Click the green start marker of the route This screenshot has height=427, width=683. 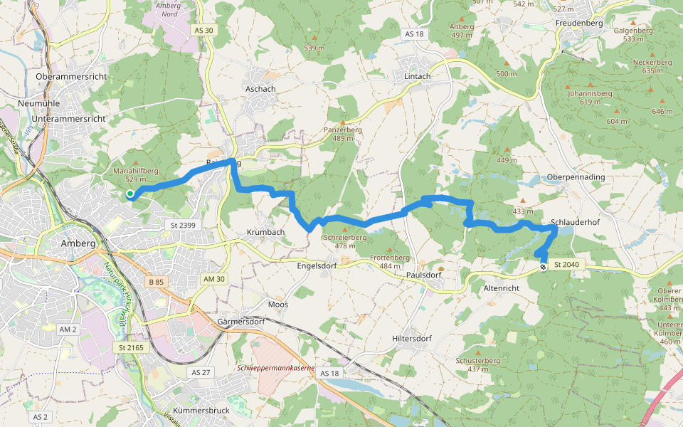tap(130, 194)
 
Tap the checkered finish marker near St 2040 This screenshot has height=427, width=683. tap(543, 267)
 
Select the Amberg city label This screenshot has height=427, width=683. tap(78, 243)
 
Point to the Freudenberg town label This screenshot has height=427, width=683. tap(578, 23)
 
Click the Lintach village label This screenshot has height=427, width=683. tap(418, 76)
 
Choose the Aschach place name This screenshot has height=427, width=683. tap(260, 89)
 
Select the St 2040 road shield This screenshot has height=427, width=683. tap(567, 265)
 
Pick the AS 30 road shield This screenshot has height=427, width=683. tap(203, 30)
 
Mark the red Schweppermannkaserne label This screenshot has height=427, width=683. tap(275, 368)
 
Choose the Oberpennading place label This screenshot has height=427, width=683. tap(576, 176)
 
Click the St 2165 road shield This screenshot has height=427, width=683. tap(127, 347)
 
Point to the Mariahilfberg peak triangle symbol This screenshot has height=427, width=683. tap(134, 162)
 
